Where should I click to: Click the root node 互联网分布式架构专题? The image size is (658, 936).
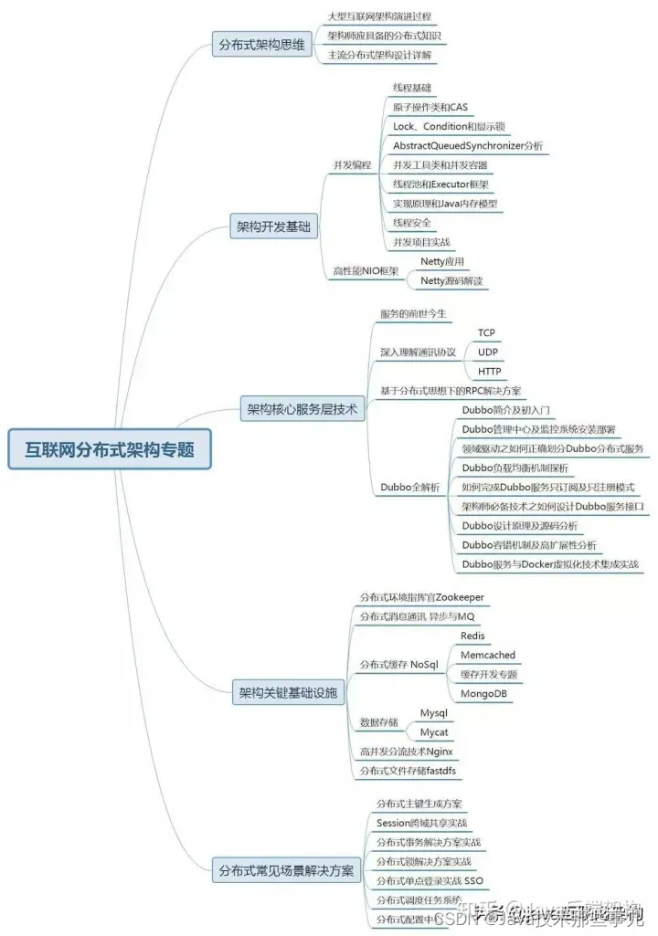(x=110, y=449)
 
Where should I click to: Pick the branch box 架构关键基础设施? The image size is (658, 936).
(x=287, y=693)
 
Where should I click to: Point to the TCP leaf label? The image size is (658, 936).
(x=486, y=333)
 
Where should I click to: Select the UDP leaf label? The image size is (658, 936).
(x=488, y=352)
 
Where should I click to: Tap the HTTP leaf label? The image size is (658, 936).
(x=489, y=372)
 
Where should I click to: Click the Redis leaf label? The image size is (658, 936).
(x=472, y=636)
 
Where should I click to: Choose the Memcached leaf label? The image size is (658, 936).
(x=488, y=655)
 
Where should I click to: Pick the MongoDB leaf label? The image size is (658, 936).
(x=484, y=693)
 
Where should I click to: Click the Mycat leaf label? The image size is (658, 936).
(x=433, y=732)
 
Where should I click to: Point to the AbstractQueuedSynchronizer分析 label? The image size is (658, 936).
(x=467, y=146)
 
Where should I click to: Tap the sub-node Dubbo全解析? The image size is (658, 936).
(x=410, y=487)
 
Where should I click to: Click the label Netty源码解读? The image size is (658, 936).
(x=451, y=281)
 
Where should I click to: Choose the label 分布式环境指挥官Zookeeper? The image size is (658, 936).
(x=421, y=597)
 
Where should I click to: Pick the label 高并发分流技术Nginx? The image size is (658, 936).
(x=406, y=752)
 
